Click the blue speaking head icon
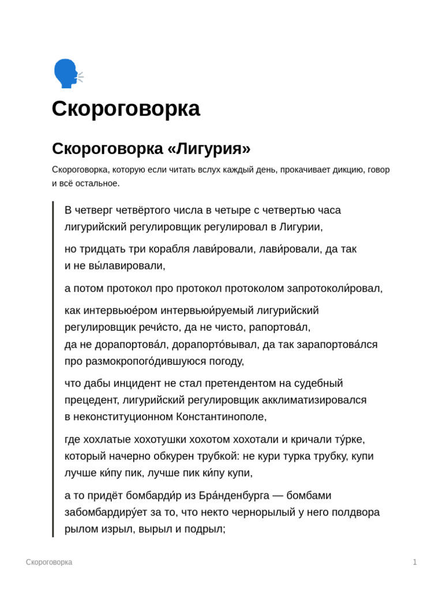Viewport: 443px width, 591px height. [x=67, y=73]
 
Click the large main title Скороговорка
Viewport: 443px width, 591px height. [x=126, y=109]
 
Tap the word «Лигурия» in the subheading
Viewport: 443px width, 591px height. [x=209, y=148]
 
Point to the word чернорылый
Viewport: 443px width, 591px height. [x=272, y=512]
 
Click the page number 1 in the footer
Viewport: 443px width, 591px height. [x=415, y=562]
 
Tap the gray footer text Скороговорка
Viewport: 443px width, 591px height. [x=49, y=562]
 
